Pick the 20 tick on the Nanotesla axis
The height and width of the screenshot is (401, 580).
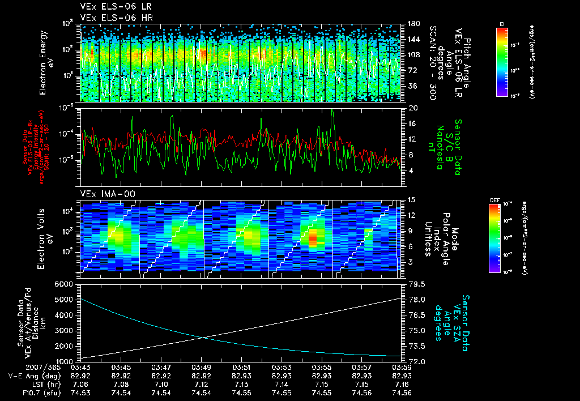click(x=412, y=108)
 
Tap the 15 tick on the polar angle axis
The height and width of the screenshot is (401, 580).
click(x=411, y=199)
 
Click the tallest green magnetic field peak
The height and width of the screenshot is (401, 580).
click(x=332, y=110)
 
